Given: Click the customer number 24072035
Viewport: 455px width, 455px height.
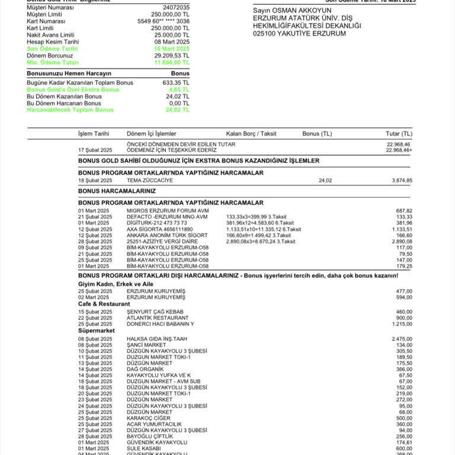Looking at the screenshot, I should point(176,7).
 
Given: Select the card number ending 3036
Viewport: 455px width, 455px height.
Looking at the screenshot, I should point(164,21).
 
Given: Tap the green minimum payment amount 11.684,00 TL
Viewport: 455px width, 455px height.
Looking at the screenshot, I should point(172,62).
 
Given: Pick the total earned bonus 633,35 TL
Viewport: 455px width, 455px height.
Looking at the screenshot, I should point(176,82).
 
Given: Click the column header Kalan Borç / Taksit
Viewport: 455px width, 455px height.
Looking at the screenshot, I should point(251,134).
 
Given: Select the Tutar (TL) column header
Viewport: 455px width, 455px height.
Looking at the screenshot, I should point(399,134).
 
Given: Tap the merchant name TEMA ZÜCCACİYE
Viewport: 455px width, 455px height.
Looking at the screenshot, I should point(150,180).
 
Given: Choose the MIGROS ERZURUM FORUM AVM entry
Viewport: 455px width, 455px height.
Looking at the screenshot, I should point(168,210).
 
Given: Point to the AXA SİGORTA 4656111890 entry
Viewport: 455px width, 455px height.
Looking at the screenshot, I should point(159,229).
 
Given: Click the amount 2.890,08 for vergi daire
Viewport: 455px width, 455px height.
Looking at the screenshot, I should point(402,241).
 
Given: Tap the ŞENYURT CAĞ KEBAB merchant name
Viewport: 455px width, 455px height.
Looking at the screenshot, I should point(155,312).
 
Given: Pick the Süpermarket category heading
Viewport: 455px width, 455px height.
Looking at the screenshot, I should point(95,330).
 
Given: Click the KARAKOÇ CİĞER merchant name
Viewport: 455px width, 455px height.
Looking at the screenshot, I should point(149,418).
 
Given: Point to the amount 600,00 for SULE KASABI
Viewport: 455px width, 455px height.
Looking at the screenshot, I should point(404,448).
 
